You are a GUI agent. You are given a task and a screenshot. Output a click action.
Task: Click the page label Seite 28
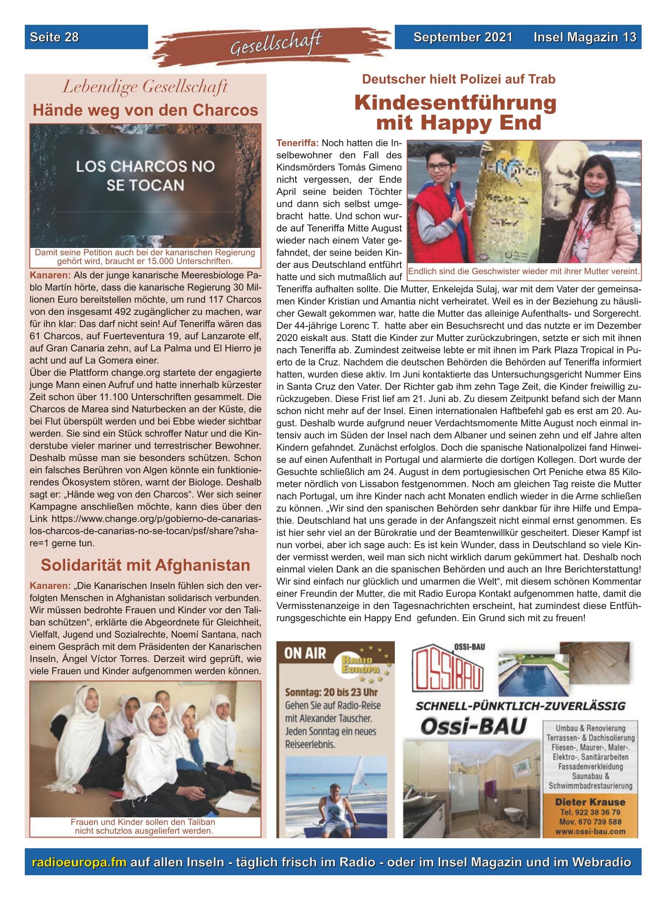(54, 37)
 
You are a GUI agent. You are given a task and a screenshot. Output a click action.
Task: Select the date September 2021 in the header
(463, 37)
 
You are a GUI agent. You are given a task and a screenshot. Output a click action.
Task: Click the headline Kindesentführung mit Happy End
(455, 113)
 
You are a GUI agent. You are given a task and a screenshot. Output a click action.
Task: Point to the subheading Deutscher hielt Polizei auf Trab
(458, 79)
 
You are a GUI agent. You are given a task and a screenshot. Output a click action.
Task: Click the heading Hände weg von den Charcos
(145, 110)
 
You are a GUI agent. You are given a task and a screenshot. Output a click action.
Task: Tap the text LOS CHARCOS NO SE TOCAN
(145, 176)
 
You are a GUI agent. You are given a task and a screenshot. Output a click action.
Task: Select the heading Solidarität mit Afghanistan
(145, 565)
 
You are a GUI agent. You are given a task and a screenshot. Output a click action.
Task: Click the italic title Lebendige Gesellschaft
(145, 87)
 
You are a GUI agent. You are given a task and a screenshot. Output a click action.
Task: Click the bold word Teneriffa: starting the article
(298, 143)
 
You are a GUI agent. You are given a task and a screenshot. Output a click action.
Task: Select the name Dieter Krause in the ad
(590, 802)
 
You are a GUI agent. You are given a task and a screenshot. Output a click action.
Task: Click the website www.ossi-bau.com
(590, 831)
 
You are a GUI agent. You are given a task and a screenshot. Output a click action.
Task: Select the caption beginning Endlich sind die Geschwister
(524, 271)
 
